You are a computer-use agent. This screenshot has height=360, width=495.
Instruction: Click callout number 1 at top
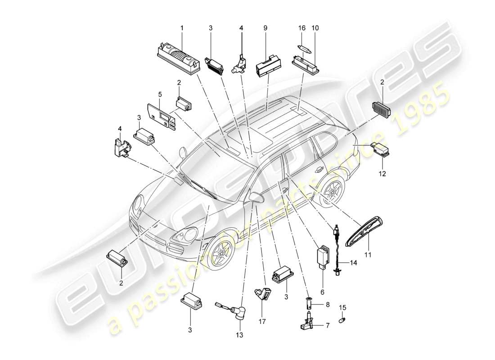182,28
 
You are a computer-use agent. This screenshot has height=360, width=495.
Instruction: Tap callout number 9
265,28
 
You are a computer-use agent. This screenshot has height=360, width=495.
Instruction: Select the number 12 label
382,172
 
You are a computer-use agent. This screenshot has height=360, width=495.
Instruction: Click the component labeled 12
380,149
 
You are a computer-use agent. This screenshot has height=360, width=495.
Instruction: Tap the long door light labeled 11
364,231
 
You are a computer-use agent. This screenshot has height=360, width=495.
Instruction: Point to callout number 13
238,334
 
